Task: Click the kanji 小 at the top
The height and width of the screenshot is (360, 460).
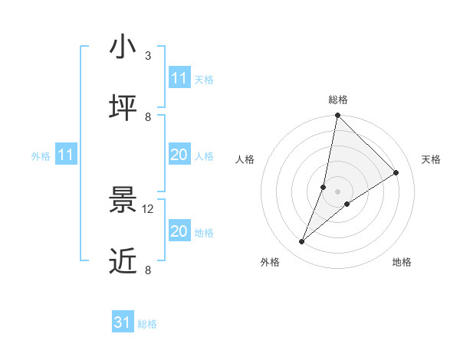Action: (123, 47)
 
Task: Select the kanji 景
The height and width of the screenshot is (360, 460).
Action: (123, 200)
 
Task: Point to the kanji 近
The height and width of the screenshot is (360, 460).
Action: (123, 261)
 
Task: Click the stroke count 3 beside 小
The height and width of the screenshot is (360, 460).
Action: (148, 56)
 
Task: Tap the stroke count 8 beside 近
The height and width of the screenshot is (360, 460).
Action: (148, 270)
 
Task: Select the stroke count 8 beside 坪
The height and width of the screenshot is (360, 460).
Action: (148, 117)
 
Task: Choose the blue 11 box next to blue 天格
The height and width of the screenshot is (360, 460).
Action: (179, 78)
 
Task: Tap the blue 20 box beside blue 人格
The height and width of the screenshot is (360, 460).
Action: (179, 155)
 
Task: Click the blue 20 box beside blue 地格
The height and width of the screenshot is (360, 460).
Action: (179, 231)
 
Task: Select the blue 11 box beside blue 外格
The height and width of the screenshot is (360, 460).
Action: (65, 155)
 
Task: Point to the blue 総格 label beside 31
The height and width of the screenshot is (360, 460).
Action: (147, 324)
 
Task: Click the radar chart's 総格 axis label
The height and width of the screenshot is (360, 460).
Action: (338, 100)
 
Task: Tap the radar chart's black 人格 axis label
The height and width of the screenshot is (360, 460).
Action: (245, 159)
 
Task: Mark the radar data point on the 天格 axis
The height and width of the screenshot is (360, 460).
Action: (396, 173)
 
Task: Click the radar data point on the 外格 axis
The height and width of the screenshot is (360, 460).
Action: (302, 242)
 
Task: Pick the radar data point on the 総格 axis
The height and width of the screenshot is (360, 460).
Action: (337, 116)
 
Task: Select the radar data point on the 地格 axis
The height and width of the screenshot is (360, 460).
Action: (347, 204)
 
